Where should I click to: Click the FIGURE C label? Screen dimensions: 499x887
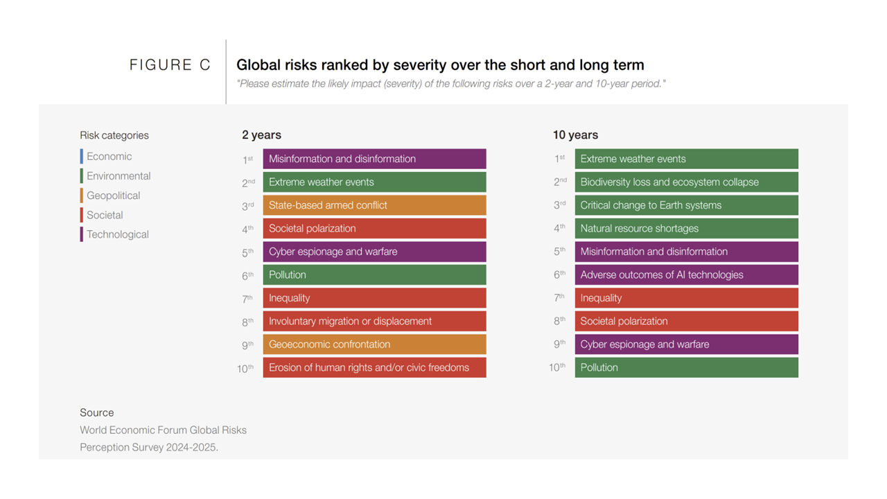(170, 65)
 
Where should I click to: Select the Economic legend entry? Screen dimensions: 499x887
(109, 157)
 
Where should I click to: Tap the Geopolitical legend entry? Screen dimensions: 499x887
(113, 195)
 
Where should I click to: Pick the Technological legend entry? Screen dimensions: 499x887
(117, 234)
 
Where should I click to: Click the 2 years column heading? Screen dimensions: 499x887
(261, 135)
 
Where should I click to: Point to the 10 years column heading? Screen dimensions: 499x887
(575, 135)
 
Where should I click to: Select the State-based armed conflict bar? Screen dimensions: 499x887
(374, 205)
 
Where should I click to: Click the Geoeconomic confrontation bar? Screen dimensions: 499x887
(374, 344)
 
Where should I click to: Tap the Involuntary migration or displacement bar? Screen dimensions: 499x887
(374, 321)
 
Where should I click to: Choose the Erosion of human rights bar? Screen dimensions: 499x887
(374, 367)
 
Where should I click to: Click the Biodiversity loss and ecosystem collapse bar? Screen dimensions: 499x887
(686, 182)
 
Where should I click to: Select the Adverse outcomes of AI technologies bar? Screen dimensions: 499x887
(686, 274)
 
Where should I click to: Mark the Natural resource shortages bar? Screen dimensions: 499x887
(686, 228)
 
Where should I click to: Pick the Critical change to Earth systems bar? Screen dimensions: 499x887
(686, 205)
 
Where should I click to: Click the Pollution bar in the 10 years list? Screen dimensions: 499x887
(686, 367)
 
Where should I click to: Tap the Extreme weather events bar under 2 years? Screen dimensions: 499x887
(374, 182)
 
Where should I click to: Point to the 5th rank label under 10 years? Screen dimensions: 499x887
(559, 252)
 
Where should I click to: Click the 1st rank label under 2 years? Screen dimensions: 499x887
(247, 159)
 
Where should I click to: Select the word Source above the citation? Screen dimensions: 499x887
(96, 412)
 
